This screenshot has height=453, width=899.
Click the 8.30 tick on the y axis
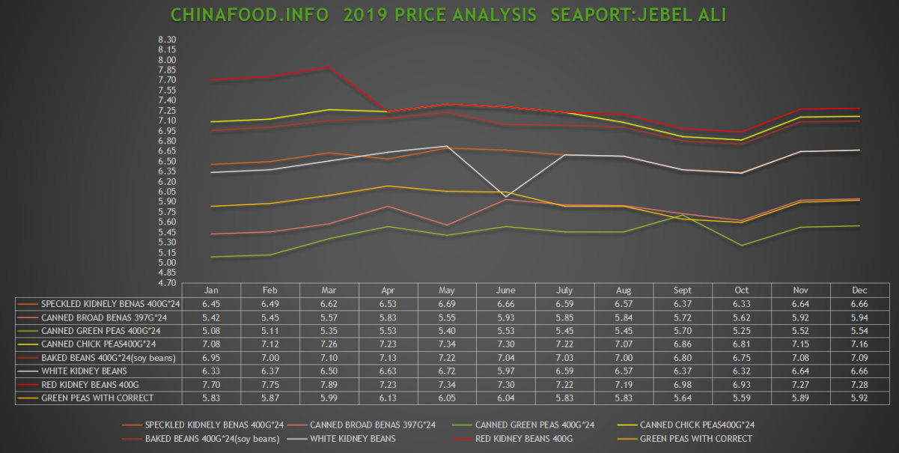coord(167,40)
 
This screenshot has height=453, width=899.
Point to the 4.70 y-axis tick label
coord(167,283)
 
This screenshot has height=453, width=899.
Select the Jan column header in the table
coord(210,290)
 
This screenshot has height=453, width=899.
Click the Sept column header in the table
coord(683,290)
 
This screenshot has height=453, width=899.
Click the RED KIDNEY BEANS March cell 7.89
coord(329,384)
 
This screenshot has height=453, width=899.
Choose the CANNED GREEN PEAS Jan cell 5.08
coord(210,330)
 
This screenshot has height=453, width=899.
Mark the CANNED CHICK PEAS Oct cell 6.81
coord(742,344)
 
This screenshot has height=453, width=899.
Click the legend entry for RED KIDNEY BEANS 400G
coord(524,438)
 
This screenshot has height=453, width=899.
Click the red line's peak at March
coord(329,67)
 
